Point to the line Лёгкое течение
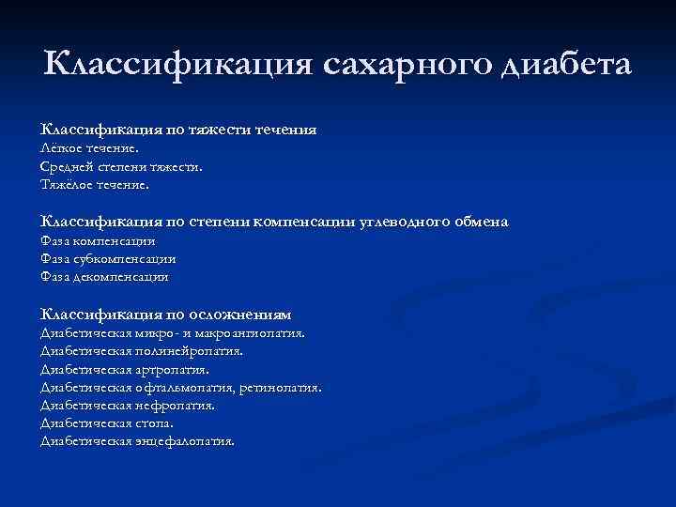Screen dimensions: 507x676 click(x=89, y=148)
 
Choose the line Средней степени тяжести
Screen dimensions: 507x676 click(x=121, y=166)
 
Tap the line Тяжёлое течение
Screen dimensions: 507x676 click(x=95, y=185)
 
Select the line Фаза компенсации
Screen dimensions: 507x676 click(x=98, y=241)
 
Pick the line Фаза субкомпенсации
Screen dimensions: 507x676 click(x=108, y=259)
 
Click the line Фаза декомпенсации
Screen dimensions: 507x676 click(x=104, y=277)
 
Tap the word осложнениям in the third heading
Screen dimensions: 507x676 click(x=242, y=315)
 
